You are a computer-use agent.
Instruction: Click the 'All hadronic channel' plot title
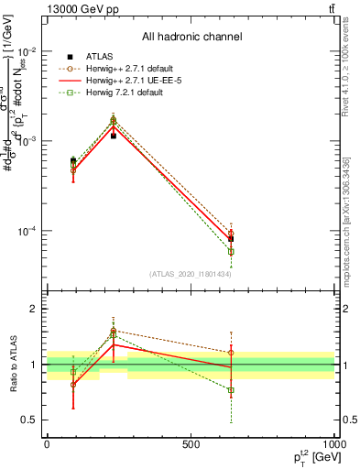coord(191,37)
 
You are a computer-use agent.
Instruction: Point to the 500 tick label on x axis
coord(191,444)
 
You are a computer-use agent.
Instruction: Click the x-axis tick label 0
coord(47,444)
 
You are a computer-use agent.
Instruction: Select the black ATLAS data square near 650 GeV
coord(231,238)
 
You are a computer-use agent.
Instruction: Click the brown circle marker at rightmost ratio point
coord(231,352)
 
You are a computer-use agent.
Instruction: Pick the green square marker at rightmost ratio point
coord(231,389)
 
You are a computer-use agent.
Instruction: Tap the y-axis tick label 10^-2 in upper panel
coord(27,51)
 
